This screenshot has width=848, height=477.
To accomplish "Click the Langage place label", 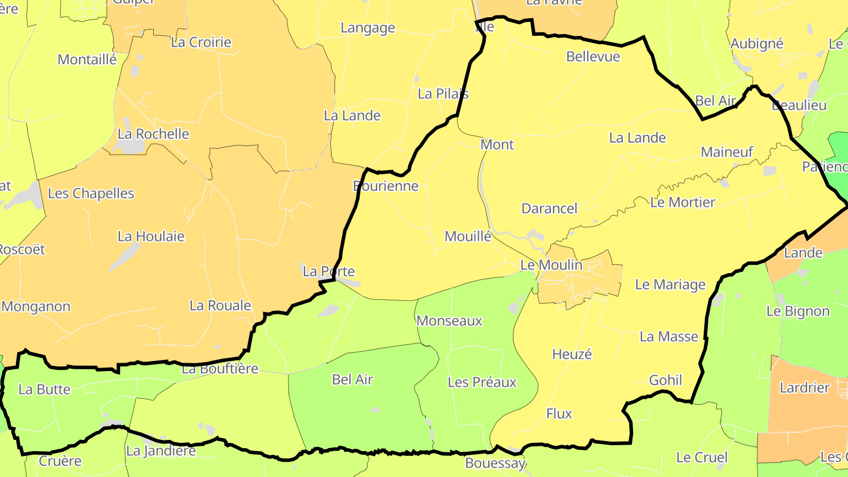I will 367,28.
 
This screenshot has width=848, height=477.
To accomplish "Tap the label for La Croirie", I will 201,42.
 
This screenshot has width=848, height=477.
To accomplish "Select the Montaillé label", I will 87,59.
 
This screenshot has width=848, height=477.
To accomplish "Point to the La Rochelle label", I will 153,134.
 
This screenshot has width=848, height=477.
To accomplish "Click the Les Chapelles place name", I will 91,194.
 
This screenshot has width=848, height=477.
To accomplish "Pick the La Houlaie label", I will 151,237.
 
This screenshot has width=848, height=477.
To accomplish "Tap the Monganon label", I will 36,307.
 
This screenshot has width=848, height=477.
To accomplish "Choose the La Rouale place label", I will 220,306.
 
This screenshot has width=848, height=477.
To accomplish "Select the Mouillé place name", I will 468,237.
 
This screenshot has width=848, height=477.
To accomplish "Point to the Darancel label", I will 549,208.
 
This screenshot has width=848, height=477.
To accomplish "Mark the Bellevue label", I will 593,57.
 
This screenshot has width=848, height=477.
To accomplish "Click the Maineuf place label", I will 727,153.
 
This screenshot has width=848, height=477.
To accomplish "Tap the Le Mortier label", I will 683,203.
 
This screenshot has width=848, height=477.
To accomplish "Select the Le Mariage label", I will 670,285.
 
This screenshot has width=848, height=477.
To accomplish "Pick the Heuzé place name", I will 572,355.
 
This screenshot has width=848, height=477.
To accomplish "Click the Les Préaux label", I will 482,383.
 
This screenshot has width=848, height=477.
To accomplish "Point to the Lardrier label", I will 804,388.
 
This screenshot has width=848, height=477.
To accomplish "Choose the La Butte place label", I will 45,390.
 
